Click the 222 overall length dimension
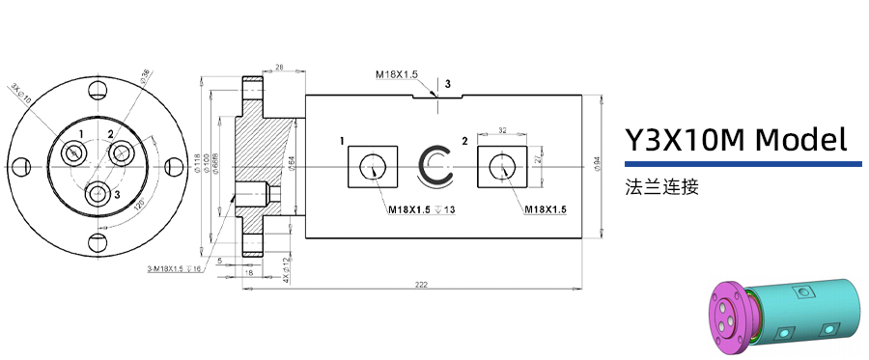(422, 284)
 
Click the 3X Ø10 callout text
(21, 93)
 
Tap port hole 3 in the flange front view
(98, 193)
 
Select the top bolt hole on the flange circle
(98, 92)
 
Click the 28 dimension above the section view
(278, 67)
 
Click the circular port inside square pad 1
(372, 167)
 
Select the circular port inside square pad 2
(502, 167)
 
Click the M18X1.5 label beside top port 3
(396, 73)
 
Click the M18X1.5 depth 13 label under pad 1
(421, 209)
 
